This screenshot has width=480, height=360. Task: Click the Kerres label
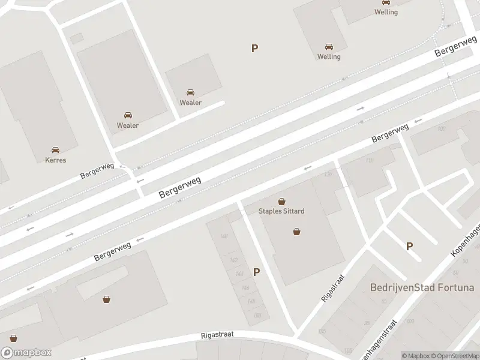point(55,160)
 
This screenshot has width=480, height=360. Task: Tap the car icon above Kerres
point(55,150)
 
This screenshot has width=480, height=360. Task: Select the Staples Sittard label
point(281,211)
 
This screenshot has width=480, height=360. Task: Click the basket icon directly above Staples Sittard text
point(281,202)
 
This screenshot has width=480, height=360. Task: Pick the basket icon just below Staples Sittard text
point(296,232)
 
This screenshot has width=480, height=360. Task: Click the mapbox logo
point(26,353)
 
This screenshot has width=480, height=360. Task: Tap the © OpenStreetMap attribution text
point(455,356)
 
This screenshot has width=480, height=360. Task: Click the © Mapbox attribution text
point(416,356)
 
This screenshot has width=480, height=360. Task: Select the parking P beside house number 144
point(257,272)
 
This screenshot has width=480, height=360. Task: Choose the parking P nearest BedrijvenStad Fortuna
point(410,246)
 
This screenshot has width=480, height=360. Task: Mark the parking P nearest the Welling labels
point(255,49)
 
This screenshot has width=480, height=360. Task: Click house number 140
point(224,236)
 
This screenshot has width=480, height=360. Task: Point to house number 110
point(369,161)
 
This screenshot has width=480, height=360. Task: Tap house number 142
point(233,260)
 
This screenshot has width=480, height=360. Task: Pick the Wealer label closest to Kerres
point(128,125)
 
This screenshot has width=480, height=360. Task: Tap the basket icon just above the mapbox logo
point(13,338)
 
